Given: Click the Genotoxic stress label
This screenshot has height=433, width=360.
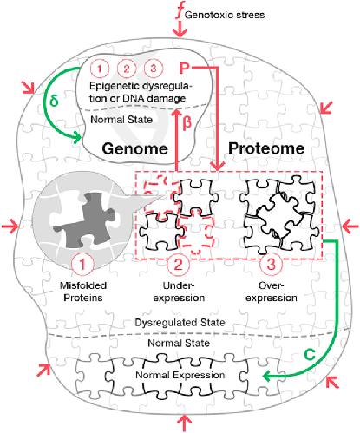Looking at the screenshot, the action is pyautogui.click(x=225, y=15).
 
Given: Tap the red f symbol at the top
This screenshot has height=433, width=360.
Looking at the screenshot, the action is pyautogui.click(x=180, y=12).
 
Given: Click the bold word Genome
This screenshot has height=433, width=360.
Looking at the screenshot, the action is pyautogui.click(x=135, y=148).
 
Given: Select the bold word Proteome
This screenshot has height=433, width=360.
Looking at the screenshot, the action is pyautogui.click(x=266, y=148).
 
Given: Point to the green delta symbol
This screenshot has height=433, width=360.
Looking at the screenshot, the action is pyautogui.click(x=54, y=101).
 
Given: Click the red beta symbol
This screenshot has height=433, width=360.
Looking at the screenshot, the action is pyautogui.click(x=187, y=122).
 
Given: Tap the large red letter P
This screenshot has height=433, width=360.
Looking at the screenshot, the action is pyautogui.click(x=184, y=69).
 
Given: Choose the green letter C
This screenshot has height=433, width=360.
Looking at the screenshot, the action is pyautogui.click(x=310, y=355).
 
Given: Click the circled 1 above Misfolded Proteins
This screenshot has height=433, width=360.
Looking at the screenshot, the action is pyautogui.click(x=82, y=265).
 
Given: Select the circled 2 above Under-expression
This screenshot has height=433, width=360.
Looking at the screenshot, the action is pyautogui.click(x=179, y=265).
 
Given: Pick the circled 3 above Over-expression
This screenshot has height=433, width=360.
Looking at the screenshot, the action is pyautogui.click(x=271, y=265).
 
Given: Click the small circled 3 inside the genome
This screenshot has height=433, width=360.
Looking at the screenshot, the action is pyautogui.click(x=154, y=69).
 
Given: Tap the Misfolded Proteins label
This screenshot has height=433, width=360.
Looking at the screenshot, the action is pyautogui.click(x=83, y=292).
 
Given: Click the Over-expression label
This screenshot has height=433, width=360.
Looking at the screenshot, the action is pyautogui.click(x=272, y=292).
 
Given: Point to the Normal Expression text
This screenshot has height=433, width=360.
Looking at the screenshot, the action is pyautogui.click(x=180, y=375).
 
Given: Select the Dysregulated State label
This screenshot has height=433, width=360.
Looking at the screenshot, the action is pyautogui.click(x=180, y=323).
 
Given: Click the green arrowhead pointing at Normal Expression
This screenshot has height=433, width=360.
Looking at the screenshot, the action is pyautogui.click(x=267, y=377).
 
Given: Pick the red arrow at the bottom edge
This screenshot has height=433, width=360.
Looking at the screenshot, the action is pyautogui.click(x=184, y=423).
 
